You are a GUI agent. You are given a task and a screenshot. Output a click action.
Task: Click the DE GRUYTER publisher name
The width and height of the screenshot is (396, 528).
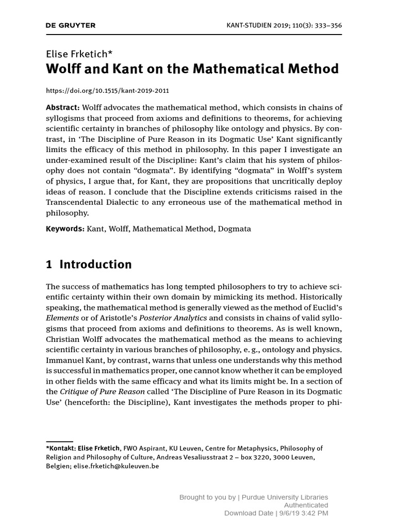(x=71, y=25)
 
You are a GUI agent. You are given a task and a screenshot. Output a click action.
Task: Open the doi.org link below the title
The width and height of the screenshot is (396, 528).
(x=107, y=91)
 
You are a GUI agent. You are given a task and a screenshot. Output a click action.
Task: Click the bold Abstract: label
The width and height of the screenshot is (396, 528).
(x=63, y=107)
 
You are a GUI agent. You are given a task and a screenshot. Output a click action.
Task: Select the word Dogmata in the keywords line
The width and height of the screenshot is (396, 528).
(x=235, y=228)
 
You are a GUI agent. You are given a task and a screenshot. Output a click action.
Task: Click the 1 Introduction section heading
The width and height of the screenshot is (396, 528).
(x=89, y=265)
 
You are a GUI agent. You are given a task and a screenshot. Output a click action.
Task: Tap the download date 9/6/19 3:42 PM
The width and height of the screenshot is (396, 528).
(x=304, y=514)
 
